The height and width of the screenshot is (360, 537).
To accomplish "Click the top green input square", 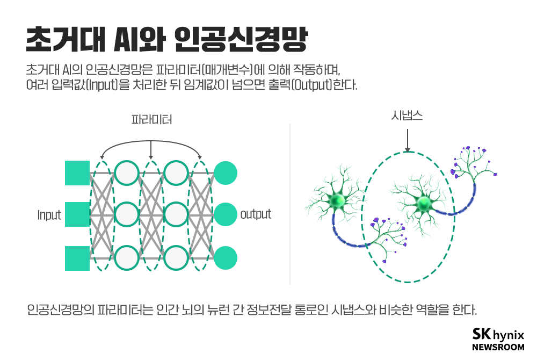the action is point(77,173).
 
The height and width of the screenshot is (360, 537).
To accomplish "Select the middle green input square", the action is point(77,214).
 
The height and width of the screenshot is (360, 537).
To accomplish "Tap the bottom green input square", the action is point(77,258).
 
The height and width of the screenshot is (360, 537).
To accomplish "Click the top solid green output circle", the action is point(226,173).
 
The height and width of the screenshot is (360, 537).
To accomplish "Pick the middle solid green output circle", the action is point(226,214).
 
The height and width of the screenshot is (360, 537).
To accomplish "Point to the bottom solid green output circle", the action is point(226,258).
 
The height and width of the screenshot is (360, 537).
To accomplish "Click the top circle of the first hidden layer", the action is point(127,173).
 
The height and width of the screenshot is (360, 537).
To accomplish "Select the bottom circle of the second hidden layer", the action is point(176,258).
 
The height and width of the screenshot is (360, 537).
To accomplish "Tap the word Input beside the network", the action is point(49,215).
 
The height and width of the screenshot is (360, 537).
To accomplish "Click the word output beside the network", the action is point(256,214).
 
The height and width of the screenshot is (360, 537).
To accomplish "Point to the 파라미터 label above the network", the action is point(152,119).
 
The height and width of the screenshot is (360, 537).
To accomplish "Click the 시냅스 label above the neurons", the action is point(407,116).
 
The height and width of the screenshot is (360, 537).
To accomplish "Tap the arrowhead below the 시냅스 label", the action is point(407,150).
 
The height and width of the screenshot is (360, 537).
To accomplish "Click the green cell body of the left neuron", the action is point(337,201).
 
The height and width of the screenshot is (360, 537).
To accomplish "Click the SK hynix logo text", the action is point(498,334).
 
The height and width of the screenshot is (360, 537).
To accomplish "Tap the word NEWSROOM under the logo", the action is point(498,347).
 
